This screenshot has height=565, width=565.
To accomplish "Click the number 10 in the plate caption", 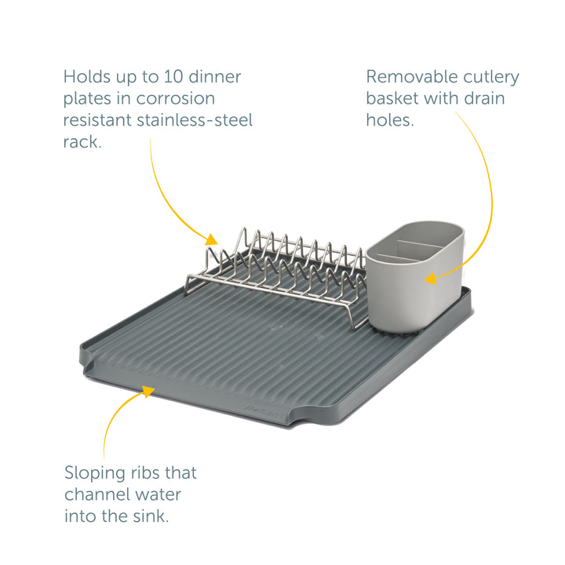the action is [173, 77].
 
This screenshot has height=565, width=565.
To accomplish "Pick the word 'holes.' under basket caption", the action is [390, 120].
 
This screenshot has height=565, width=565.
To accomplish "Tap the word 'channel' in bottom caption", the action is [94, 494].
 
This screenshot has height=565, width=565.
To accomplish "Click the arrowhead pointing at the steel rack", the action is [212, 239].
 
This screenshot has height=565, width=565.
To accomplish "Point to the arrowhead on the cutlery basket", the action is [431, 278].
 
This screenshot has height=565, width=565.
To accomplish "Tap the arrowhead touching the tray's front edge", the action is [148, 391].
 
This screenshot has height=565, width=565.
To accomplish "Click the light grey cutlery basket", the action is [414, 276].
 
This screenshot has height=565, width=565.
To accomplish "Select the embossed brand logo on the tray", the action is [265, 413].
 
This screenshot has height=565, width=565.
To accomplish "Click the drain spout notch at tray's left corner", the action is [87, 358].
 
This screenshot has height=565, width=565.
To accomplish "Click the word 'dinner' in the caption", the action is [215, 77].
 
